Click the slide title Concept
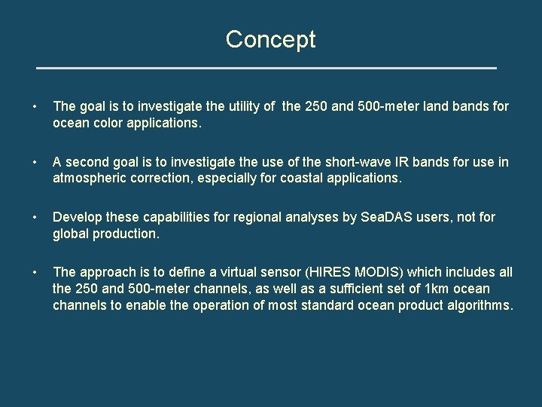coord(270,39)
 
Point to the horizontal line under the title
coord(266,68)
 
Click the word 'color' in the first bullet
coord(110,123)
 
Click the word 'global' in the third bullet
coord(71,233)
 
